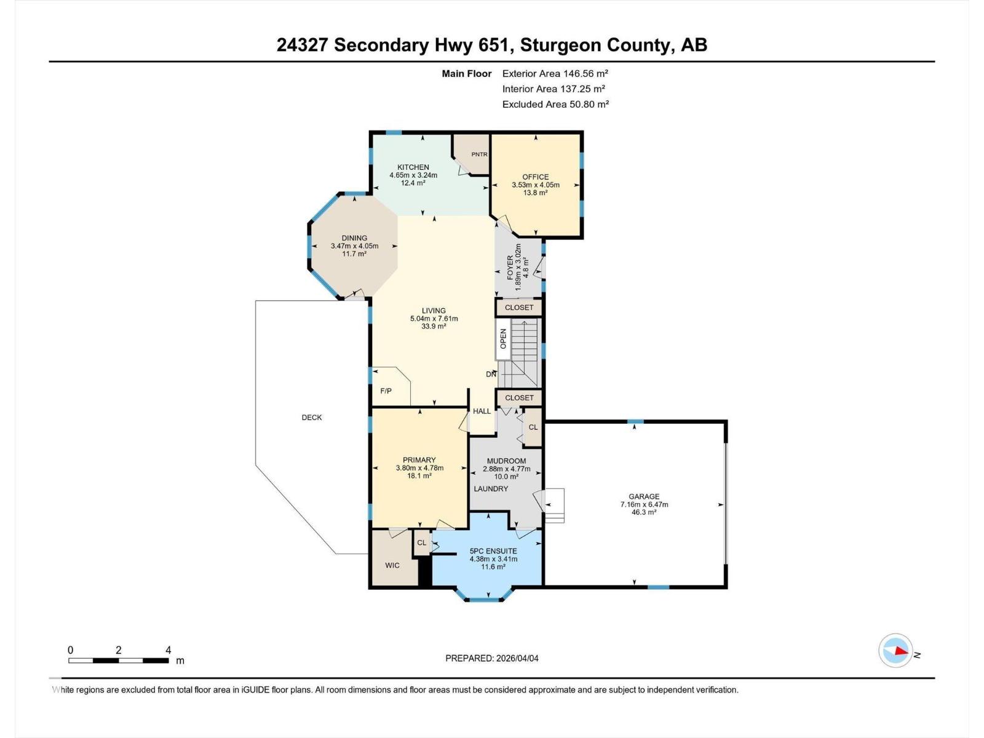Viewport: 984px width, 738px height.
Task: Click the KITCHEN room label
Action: pos(413,167)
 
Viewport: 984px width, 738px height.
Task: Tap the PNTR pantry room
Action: pos(479,154)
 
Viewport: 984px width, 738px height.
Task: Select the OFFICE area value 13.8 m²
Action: pos(536,193)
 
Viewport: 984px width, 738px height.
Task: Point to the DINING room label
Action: pos(354,238)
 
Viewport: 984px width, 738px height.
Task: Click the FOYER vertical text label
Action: pos(510,268)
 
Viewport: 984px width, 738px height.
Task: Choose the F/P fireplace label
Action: pos(386,391)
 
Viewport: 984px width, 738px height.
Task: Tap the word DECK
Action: pos(312,418)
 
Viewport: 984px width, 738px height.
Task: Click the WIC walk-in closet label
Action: pos(392,565)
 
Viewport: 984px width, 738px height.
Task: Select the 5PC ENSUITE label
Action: pos(493,551)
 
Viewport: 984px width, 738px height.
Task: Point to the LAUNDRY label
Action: pos(491,489)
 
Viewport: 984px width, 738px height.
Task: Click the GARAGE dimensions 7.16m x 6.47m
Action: pos(644,504)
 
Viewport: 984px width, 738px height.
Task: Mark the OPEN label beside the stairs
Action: pos(503,339)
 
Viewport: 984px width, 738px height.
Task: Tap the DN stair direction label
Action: pos(491,374)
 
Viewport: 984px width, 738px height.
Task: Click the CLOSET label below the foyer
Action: pos(519,307)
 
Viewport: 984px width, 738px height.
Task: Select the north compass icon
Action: pos(895,651)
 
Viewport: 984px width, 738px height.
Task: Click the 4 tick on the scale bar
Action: pos(168,650)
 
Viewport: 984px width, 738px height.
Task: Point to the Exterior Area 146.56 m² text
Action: pos(555,73)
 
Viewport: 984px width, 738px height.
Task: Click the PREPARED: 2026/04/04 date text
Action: pos(491,658)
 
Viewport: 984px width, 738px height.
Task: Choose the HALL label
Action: pos(482,411)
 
